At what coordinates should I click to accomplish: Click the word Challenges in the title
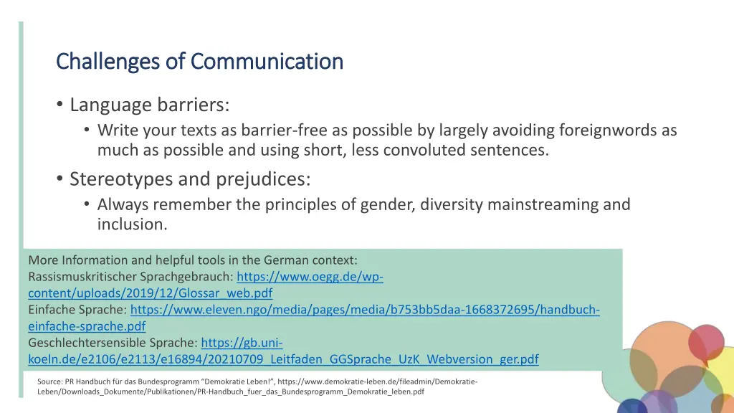click(x=108, y=62)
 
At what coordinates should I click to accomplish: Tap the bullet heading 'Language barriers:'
click(x=149, y=105)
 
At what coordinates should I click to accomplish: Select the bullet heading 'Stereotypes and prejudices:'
click(x=190, y=179)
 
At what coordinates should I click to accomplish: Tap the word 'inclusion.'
click(x=132, y=224)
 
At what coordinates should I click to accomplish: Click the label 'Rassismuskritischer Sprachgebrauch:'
click(x=130, y=277)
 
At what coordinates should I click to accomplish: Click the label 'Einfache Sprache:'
click(x=77, y=310)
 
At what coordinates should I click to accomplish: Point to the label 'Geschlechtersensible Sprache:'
click(x=113, y=343)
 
